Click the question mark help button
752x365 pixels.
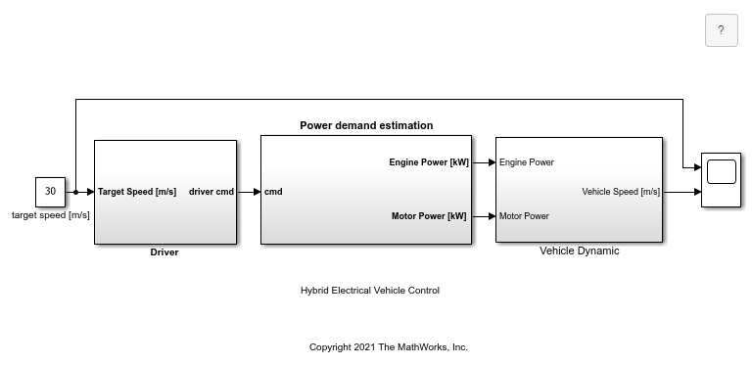[x=721, y=30]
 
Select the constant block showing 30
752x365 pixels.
[x=50, y=192]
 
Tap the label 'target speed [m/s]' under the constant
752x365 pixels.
[x=50, y=215]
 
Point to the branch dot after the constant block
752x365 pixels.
[x=75, y=192]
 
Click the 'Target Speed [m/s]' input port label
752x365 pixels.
[x=137, y=192]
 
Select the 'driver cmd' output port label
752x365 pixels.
[x=211, y=192]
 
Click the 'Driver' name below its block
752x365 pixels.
[x=164, y=251]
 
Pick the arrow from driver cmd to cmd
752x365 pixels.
[x=249, y=192]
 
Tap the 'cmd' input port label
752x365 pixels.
[x=273, y=192]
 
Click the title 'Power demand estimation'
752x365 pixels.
[x=366, y=125]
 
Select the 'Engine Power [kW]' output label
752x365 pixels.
[x=429, y=162]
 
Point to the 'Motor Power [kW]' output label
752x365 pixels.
[x=429, y=216]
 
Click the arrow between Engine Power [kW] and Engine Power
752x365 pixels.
[x=484, y=162]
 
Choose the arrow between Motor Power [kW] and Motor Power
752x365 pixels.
[x=484, y=216]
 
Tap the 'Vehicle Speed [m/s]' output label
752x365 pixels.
[x=621, y=192]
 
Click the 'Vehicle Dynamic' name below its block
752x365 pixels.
[x=580, y=251]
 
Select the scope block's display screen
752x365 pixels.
[x=722, y=171]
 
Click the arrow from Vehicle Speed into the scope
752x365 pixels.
[x=682, y=192]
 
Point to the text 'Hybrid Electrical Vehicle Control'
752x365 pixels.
[x=370, y=291]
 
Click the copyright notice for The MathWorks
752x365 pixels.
[x=389, y=347]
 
